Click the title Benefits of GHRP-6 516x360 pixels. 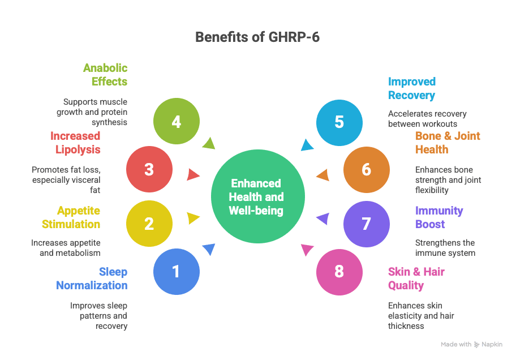[x=257, y=37]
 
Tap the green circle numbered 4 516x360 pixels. [x=177, y=122]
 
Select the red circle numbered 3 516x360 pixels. [x=149, y=170]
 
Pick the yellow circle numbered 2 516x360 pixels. [x=149, y=224]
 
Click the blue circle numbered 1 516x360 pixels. [x=177, y=272]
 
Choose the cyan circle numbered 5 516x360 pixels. [x=339, y=122]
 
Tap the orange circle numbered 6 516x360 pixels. [x=366, y=170]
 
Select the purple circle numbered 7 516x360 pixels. [x=366, y=224]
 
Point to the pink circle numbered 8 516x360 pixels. [x=339, y=272]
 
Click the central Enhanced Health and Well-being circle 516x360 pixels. [x=257, y=197]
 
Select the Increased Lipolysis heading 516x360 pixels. [x=75, y=143]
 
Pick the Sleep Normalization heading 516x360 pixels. [x=92, y=278]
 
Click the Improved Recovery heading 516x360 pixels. [x=411, y=88]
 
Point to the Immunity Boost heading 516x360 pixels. [x=439, y=217]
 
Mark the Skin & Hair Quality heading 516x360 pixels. [x=416, y=278]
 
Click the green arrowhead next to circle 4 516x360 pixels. [x=209, y=143]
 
